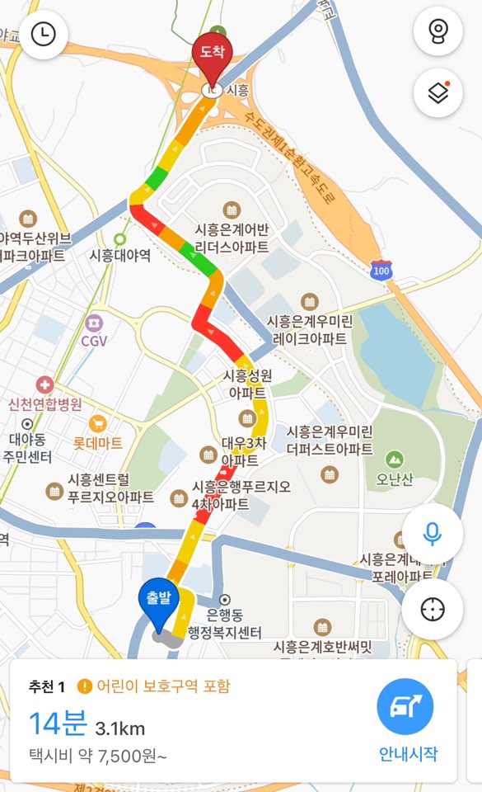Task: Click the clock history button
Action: coord(44,34)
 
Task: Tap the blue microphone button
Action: coord(432,532)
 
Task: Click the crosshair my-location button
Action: coord(432,609)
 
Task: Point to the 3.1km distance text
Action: coord(120,728)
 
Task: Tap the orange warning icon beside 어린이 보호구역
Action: coord(84,686)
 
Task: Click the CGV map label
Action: coord(95,339)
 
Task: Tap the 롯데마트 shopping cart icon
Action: coord(98,424)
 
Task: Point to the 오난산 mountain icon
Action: coord(395,459)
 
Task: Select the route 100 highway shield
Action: coord(381,269)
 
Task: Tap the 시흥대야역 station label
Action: coord(120,255)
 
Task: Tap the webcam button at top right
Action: coord(438,34)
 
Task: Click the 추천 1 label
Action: coord(48,686)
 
